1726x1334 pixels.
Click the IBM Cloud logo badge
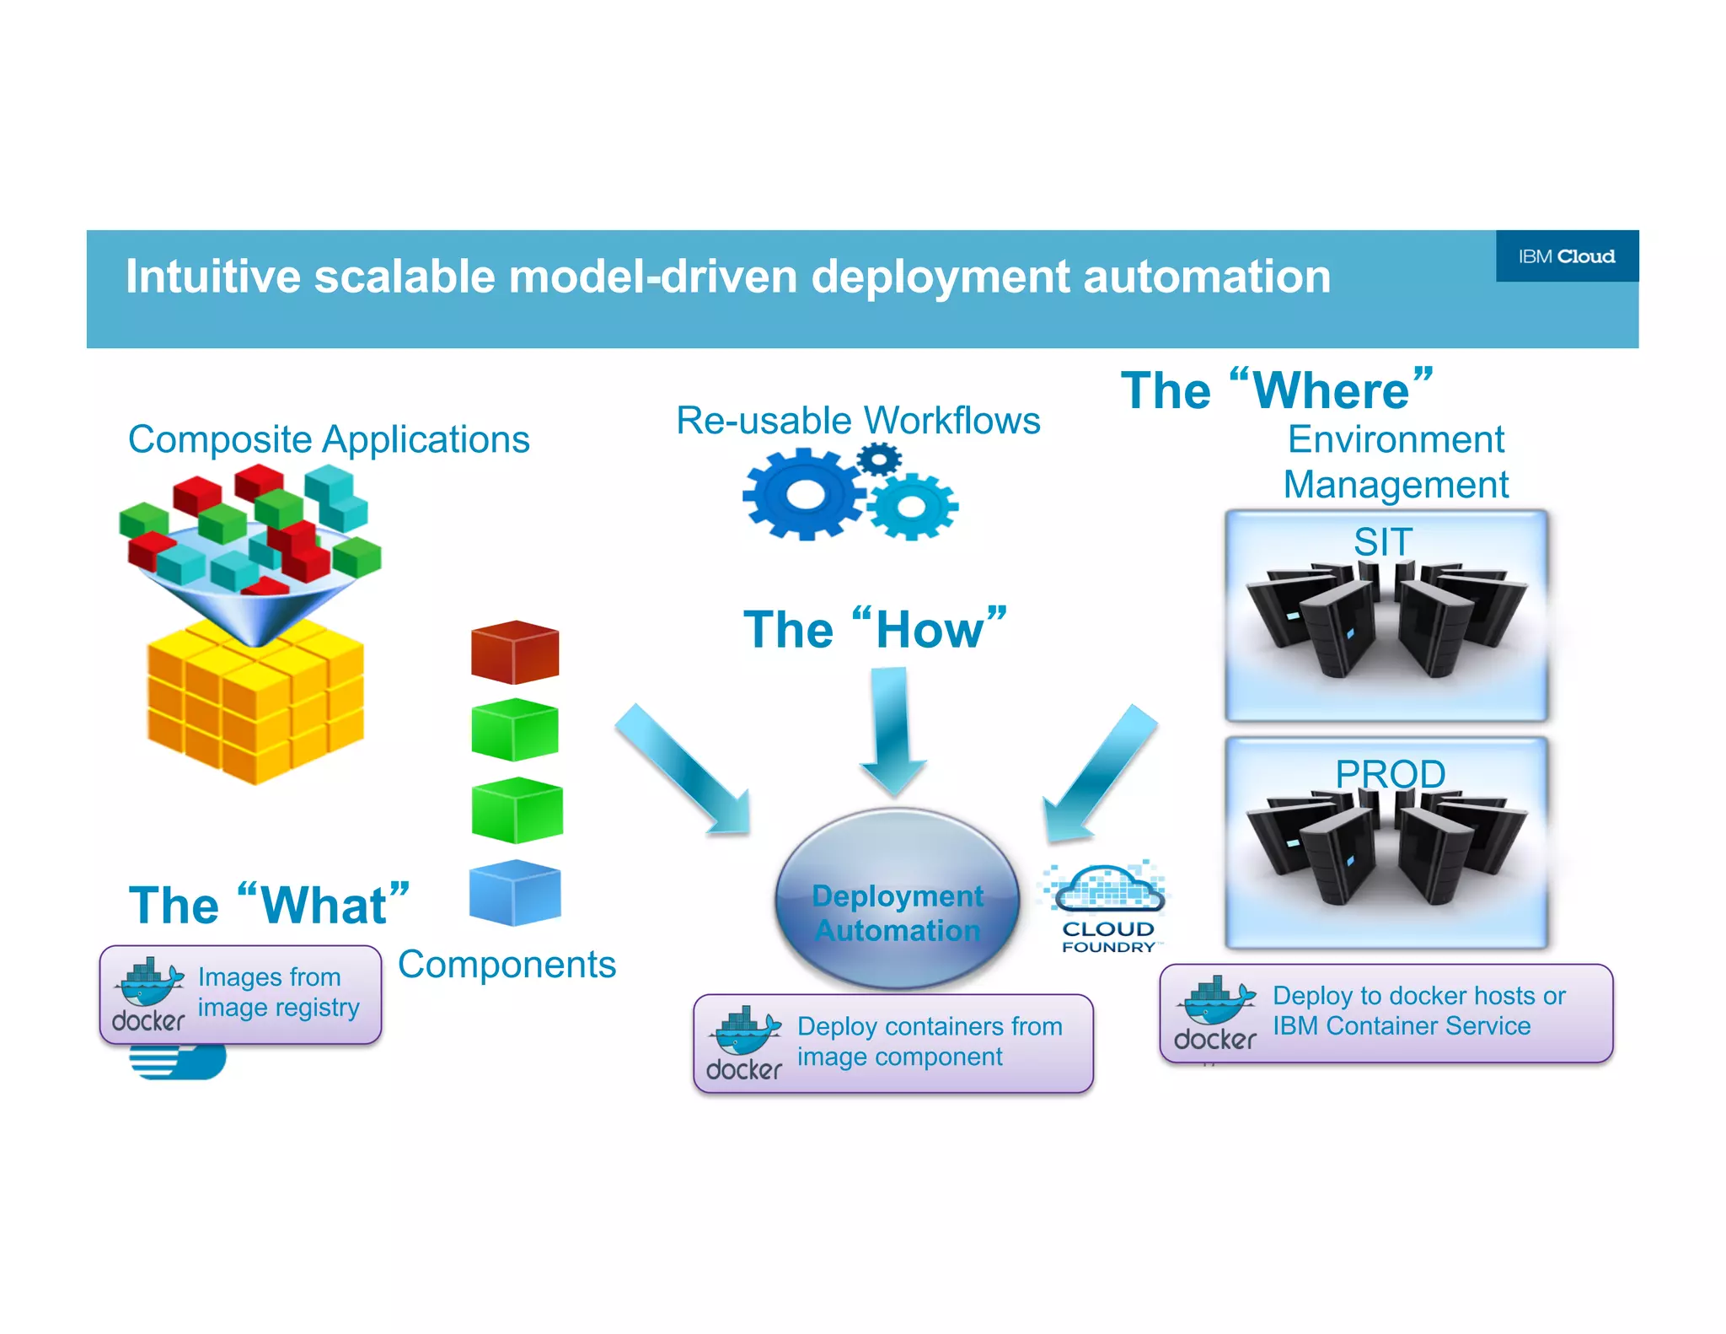(1566, 256)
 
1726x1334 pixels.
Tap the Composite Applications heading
(329, 439)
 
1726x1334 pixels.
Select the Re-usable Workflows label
(857, 420)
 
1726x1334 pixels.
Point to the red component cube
(514, 652)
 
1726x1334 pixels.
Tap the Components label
(507, 964)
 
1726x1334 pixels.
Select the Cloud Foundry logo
(1107, 907)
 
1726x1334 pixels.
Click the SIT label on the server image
(1382, 541)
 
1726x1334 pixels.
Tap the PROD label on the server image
(1390, 773)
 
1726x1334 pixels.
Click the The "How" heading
(874, 629)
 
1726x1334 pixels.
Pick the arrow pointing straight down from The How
(892, 730)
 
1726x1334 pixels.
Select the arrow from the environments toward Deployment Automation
(1099, 772)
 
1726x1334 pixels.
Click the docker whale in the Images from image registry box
(150, 982)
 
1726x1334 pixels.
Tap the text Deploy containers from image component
(929, 1041)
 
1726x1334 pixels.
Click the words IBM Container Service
(1401, 1025)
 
